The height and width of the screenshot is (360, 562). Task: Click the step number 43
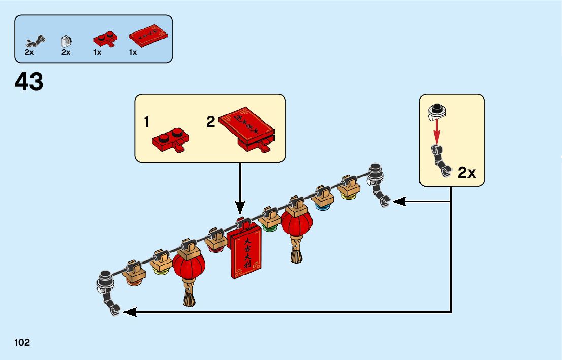29,82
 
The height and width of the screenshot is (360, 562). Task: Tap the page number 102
22,343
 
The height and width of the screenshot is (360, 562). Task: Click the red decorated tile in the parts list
148,37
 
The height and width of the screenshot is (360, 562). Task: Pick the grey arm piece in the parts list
37,40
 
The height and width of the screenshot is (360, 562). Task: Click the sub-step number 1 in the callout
147,122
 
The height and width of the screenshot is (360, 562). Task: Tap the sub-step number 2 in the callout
211,122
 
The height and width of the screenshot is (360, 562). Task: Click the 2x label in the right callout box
466,173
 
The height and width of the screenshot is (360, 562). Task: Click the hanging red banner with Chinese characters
245,252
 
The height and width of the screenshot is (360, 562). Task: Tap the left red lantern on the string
189,266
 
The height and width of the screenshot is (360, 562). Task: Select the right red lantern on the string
296,223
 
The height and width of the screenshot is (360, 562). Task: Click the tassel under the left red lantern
190,297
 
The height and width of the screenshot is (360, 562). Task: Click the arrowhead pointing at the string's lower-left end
130,312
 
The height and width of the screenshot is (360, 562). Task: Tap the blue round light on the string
321,206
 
